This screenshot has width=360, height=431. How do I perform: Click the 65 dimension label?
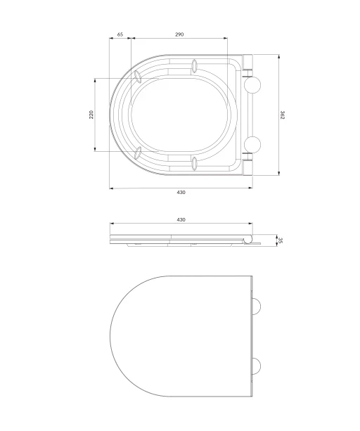pyautogui.click(x=120, y=34)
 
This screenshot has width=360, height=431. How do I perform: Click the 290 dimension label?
pyautogui.click(x=179, y=34)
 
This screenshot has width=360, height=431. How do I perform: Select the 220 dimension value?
pyautogui.click(x=91, y=115)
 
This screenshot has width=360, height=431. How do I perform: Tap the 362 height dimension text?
pyautogui.click(x=283, y=115)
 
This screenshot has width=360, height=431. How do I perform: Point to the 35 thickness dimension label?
pyautogui.click(x=281, y=240)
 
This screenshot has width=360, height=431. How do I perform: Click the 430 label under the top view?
pyautogui.click(x=181, y=193)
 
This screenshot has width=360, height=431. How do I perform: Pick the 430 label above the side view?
pyautogui.click(x=181, y=219)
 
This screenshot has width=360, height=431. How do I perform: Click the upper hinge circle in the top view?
pyautogui.click(x=252, y=84)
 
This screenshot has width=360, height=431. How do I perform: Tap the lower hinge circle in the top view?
pyautogui.click(x=252, y=144)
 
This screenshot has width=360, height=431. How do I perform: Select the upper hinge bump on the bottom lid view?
pyautogui.click(x=257, y=307)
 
